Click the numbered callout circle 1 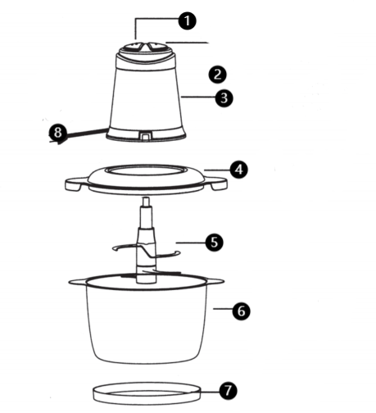187,20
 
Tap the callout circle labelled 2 218,75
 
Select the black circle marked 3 224,98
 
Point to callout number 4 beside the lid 239,170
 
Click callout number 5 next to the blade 214,242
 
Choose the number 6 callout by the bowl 242,311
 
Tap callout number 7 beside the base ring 228,390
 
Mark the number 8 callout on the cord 58,133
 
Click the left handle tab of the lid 75,184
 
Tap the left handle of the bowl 78,282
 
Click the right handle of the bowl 215,281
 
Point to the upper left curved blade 125,247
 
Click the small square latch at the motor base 146,135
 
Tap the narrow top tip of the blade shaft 147,202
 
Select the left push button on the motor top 132,47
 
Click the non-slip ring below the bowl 147,393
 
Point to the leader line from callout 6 223,309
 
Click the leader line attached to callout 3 198,97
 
